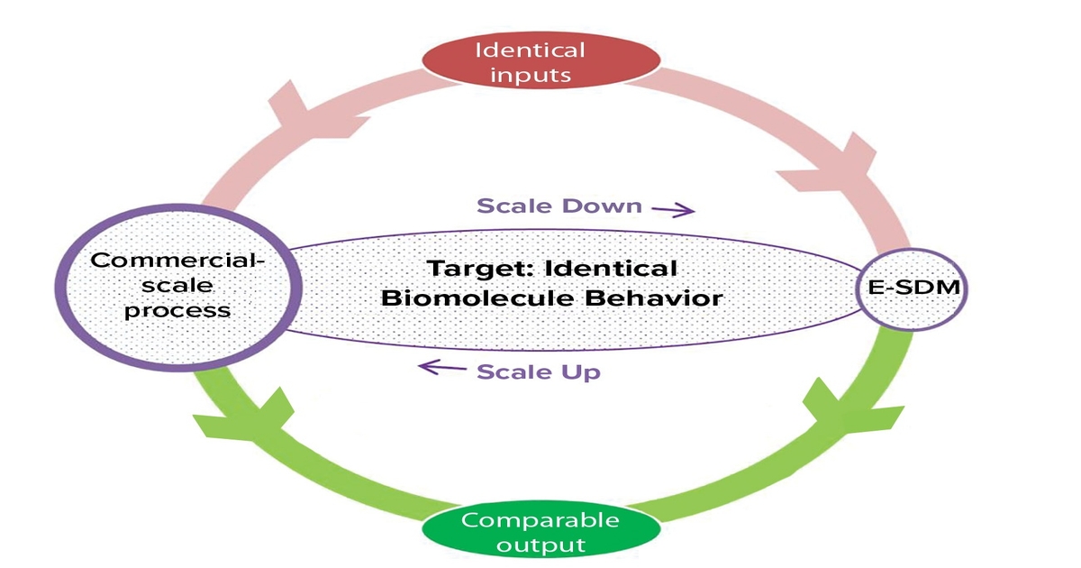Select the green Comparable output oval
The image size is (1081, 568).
pos(540,532)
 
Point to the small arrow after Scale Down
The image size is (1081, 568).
pos(673,209)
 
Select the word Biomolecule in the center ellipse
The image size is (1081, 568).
pos(468,298)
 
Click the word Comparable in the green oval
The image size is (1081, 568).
pos(540,520)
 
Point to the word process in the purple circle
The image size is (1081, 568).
pos(177,309)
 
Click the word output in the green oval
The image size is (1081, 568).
pos(540,545)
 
